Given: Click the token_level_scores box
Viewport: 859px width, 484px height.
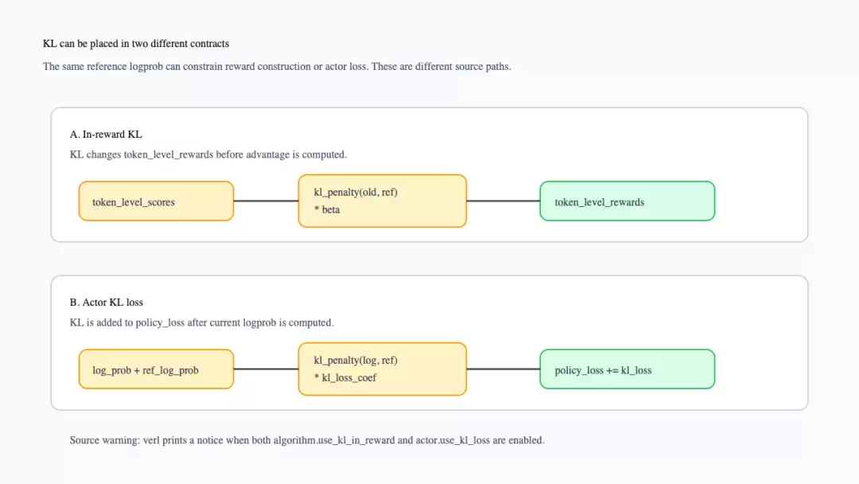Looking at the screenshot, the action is [x=156, y=201].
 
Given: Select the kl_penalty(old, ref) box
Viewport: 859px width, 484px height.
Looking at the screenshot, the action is [x=383, y=201].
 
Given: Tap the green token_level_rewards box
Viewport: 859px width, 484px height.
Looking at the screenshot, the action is [x=628, y=201].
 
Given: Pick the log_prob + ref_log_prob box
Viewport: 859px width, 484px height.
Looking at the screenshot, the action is [x=156, y=369].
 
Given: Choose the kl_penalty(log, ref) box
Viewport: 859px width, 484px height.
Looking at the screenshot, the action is [x=383, y=369].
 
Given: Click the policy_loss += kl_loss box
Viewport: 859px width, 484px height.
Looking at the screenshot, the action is [x=628, y=369].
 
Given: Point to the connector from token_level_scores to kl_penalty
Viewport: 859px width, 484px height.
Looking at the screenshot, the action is [x=266, y=201].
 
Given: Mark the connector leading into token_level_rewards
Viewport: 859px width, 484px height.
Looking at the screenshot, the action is [x=503, y=201].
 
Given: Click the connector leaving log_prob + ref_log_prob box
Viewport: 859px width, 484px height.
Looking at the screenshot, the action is [x=266, y=369].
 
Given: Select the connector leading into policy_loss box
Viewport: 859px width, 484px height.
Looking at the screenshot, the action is [x=503, y=369].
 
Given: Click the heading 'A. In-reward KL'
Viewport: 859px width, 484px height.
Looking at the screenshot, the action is [x=106, y=135].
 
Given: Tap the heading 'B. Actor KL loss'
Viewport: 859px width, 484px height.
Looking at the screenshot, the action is [x=107, y=302].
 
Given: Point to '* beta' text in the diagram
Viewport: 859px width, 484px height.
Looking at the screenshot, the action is [x=327, y=210].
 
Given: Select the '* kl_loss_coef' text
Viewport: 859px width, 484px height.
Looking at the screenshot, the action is [x=345, y=378].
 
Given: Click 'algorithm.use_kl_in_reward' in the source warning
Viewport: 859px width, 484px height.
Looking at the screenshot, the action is [x=333, y=441].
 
